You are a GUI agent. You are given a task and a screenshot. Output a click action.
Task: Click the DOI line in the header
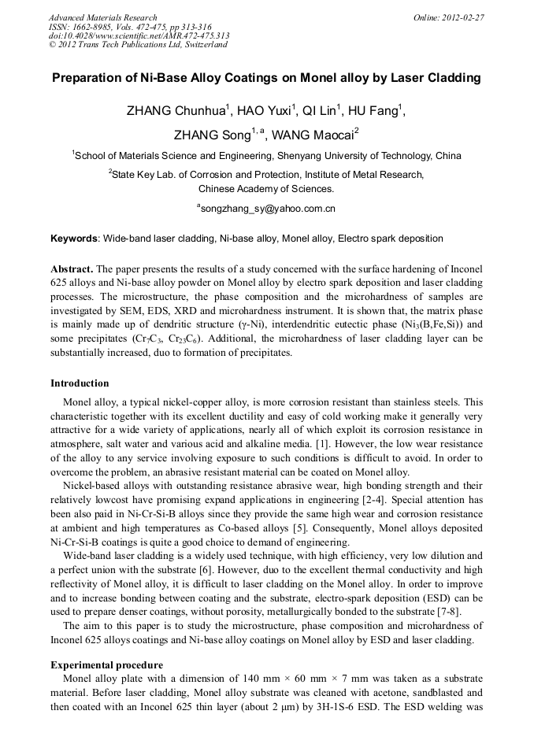tap(139, 35)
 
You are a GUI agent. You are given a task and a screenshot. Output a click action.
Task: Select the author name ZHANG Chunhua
tap(176, 111)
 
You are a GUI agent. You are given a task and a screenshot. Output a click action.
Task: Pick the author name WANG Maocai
tap(313, 135)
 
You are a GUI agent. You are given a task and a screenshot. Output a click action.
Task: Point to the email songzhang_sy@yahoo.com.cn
tap(268, 209)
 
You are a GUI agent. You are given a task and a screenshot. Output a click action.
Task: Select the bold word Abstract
tap(72, 268)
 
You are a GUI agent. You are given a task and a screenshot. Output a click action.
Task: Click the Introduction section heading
tap(80, 383)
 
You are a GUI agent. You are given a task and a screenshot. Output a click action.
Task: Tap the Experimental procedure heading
tap(106, 664)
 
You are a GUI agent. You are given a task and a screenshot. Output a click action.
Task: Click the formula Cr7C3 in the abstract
tap(156, 339)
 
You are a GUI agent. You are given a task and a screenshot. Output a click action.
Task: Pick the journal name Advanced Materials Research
tap(102, 17)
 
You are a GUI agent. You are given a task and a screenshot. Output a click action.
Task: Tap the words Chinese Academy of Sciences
tap(266, 189)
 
